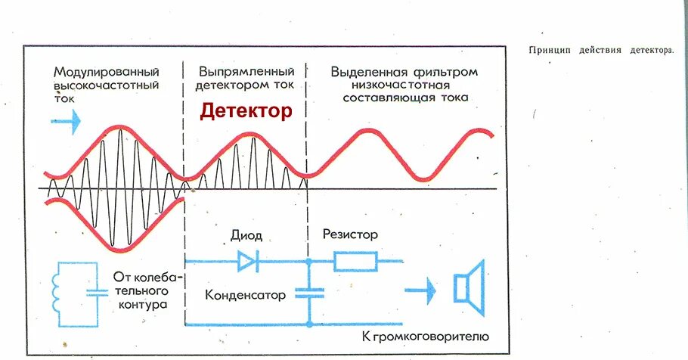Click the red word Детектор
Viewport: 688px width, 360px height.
click(x=246, y=112)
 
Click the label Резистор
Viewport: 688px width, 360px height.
click(x=350, y=235)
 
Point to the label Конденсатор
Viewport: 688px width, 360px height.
click(x=246, y=295)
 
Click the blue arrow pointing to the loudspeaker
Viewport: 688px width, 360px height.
click(x=423, y=288)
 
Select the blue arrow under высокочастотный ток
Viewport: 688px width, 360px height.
click(x=66, y=119)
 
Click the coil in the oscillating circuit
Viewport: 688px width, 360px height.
click(x=57, y=292)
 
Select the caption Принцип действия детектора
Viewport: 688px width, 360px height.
click(x=600, y=51)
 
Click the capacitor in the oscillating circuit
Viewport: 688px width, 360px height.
click(x=95, y=292)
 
